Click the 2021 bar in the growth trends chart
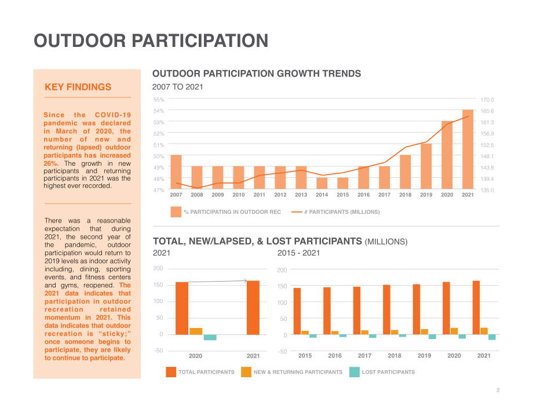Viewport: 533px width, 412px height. [468, 150]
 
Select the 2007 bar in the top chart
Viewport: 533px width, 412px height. [176, 172]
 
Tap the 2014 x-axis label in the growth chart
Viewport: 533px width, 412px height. [322, 195]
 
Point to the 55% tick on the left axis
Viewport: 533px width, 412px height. [159, 100]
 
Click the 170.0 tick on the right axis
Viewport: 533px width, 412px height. [487, 100]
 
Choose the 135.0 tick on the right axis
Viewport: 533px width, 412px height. [487, 190]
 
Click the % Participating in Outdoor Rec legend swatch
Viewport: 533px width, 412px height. [176, 212]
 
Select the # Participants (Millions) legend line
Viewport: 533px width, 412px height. [297, 212]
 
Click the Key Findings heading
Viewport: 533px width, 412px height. [78, 87]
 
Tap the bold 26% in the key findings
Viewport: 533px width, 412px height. [50, 163]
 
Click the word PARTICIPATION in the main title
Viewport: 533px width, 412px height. [200, 41]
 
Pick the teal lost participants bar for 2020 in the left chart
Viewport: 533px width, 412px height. [210, 337]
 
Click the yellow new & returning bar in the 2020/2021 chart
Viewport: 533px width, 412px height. [196, 331]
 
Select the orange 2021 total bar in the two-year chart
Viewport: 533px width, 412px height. [253, 308]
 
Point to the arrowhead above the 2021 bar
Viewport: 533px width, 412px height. [246, 281]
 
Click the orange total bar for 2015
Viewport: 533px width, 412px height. [297, 311]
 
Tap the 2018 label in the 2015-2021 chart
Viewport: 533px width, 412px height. [395, 356]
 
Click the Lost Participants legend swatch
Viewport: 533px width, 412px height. [355, 372]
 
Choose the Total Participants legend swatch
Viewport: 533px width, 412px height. [171, 372]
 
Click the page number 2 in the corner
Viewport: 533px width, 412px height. [498, 390]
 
